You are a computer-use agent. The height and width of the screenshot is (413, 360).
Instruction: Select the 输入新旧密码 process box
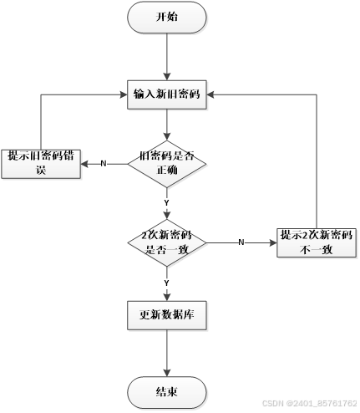tap(167, 94)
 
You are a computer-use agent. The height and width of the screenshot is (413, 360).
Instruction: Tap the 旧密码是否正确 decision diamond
tap(167, 163)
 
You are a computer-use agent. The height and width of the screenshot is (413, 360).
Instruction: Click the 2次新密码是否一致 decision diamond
tap(167, 242)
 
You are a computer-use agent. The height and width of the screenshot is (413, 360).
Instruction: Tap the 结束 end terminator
tap(167, 390)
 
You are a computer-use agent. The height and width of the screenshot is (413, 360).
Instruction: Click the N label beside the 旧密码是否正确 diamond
tap(104, 163)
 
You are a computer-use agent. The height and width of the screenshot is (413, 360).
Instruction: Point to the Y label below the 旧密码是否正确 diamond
tap(167, 203)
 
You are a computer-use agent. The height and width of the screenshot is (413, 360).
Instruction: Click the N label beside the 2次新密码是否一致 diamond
tap(241, 242)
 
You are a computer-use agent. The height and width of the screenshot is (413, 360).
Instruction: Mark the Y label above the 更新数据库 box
tap(167, 283)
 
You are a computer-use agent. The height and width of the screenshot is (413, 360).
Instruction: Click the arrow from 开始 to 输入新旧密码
tap(167, 54)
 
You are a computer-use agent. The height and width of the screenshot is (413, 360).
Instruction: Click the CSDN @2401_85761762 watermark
tap(308, 403)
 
